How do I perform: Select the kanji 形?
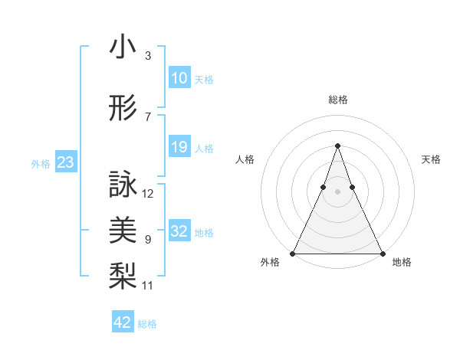coord(123,110)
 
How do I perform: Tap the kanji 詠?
coord(123,185)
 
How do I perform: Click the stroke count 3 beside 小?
coord(147,56)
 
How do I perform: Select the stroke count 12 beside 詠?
coord(148,194)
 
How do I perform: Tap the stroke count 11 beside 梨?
coord(148,286)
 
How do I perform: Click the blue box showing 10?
coord(179,78)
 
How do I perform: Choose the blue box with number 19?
coord(179,147)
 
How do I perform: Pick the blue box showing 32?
coord(179,231)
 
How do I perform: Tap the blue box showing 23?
coord(65,162)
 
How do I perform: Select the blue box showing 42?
coord(122,322)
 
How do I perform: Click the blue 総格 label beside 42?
coord(147,324)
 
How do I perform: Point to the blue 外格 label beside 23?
coord(41,164)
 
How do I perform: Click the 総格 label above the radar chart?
coord(337,100)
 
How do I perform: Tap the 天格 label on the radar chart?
coord(432,159)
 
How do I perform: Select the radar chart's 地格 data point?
coord(382,253)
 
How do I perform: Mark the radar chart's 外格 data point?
coord(293,253)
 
